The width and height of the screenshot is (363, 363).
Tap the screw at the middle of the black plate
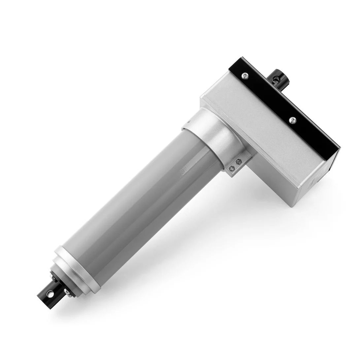pyautogui.click(x=291, y=120)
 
